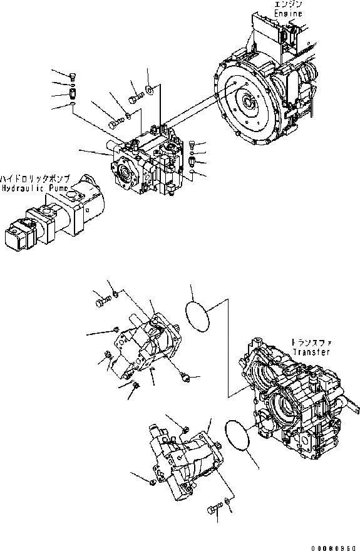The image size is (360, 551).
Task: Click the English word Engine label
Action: coord(288,14)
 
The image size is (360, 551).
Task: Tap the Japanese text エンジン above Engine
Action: coord(288,5)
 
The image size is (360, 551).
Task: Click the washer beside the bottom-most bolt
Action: coord(229,504)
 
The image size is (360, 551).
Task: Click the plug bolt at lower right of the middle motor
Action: coord(183,376)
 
